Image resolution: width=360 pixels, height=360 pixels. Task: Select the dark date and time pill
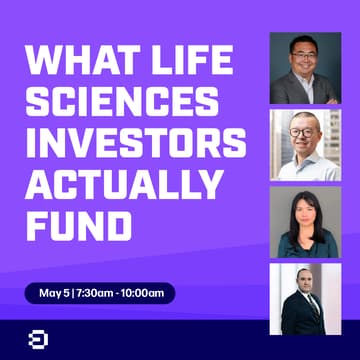pyautogui.click(x=100, y=294)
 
